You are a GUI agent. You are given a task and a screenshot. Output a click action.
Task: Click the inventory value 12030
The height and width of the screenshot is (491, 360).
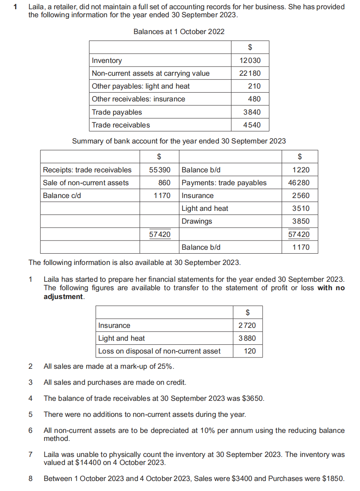coord(250,61)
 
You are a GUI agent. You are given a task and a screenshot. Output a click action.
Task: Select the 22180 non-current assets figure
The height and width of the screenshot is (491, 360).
coord(250,73)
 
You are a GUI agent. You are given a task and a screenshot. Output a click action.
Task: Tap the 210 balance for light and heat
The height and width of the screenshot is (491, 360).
coord(254,86)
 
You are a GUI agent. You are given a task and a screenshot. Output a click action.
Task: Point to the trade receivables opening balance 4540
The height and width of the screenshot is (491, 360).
coord(252,125)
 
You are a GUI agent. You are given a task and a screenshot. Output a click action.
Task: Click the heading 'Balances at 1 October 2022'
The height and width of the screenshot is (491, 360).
coord(179,32)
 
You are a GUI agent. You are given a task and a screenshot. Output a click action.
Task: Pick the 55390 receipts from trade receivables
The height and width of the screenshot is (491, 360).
coord(160,170)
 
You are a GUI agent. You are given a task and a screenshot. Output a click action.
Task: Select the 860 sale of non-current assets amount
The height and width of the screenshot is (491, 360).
coord(164,183)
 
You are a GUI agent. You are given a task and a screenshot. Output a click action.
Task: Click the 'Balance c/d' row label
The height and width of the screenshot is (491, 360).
coord(62,196)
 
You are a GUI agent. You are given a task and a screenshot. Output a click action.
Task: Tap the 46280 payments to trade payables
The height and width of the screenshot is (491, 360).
coord(299,183)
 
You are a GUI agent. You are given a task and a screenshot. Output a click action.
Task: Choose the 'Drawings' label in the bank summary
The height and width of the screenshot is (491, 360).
coord(197,221)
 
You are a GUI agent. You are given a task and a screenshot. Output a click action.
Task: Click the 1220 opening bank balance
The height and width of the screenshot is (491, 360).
coord(301,170)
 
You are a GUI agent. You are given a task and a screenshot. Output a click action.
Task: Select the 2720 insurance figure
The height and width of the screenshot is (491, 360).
coord(247,325)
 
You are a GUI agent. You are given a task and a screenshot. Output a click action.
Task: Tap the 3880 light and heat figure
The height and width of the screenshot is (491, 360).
coord(247,338)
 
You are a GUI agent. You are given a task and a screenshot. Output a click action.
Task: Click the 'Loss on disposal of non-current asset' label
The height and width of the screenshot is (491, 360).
coord(159,351)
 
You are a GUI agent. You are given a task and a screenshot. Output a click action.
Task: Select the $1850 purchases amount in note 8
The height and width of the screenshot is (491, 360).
coord(333,479)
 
